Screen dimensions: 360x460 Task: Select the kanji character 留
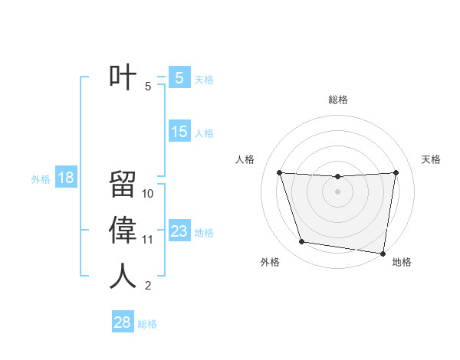[x=123, y=185]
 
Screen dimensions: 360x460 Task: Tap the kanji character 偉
[x=123, y=230]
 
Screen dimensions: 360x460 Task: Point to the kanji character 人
[x=123, y=276]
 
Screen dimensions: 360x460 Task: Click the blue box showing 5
[x=179, y=77]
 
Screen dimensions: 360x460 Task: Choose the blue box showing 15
[x=179, y=132]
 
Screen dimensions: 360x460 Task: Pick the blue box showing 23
[x=179, y=231]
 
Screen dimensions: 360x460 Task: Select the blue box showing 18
[x=65, y=178]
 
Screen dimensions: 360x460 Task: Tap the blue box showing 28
[x=122, y=322]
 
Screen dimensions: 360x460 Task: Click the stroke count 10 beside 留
[x=149, y=194]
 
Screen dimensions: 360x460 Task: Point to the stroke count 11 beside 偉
[x=148, y=240]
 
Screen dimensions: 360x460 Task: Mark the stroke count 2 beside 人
[x=147, y=286]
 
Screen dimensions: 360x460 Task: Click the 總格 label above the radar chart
[x=337, y=100]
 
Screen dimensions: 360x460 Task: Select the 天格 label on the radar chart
[x=432, y=159]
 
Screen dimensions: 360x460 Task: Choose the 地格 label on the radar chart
[x=402, y=262]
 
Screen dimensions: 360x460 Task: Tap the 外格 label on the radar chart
[x=270, y=262]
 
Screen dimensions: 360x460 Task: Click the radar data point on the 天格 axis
[x=396, y=172]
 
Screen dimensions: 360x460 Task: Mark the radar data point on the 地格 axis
[x=383, y=253]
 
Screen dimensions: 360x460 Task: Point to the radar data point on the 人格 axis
[x=279, y=172]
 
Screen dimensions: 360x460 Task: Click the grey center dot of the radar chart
[x=337, y=191]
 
